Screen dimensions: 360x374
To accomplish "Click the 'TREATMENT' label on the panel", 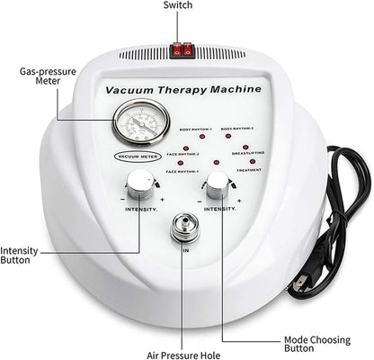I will pyautogui.click(x=248, y=168).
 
